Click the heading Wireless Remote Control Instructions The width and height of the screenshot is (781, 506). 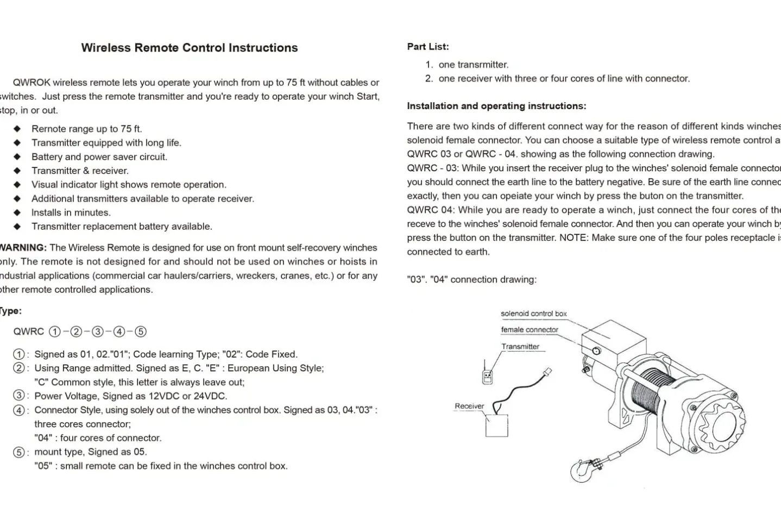tap(189, 48)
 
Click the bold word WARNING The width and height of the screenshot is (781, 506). tap(23, 248)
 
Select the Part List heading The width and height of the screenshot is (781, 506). tap(428, 47)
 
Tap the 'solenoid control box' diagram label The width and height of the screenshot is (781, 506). tap(533, 314)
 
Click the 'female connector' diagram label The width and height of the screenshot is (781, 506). tap(530, 330)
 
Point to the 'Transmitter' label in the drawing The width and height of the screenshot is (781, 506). tap(520, 347)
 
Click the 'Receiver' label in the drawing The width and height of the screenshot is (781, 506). tap(469, 406)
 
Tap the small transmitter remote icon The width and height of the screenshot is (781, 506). tap(488, 376)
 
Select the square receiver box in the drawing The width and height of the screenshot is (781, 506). tap(496, 426)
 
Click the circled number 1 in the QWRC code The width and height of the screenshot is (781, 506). tap(55, 332)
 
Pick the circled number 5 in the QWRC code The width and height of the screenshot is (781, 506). tap(140, 332)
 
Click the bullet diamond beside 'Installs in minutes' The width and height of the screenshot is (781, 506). tap(17, 213)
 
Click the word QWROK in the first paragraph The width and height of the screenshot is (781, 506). tap(32, 83)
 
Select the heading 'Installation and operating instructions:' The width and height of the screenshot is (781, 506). tap(496, 106)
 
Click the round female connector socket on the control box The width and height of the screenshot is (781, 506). tap(596, 351)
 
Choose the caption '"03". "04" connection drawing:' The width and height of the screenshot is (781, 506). tap(471, 279)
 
